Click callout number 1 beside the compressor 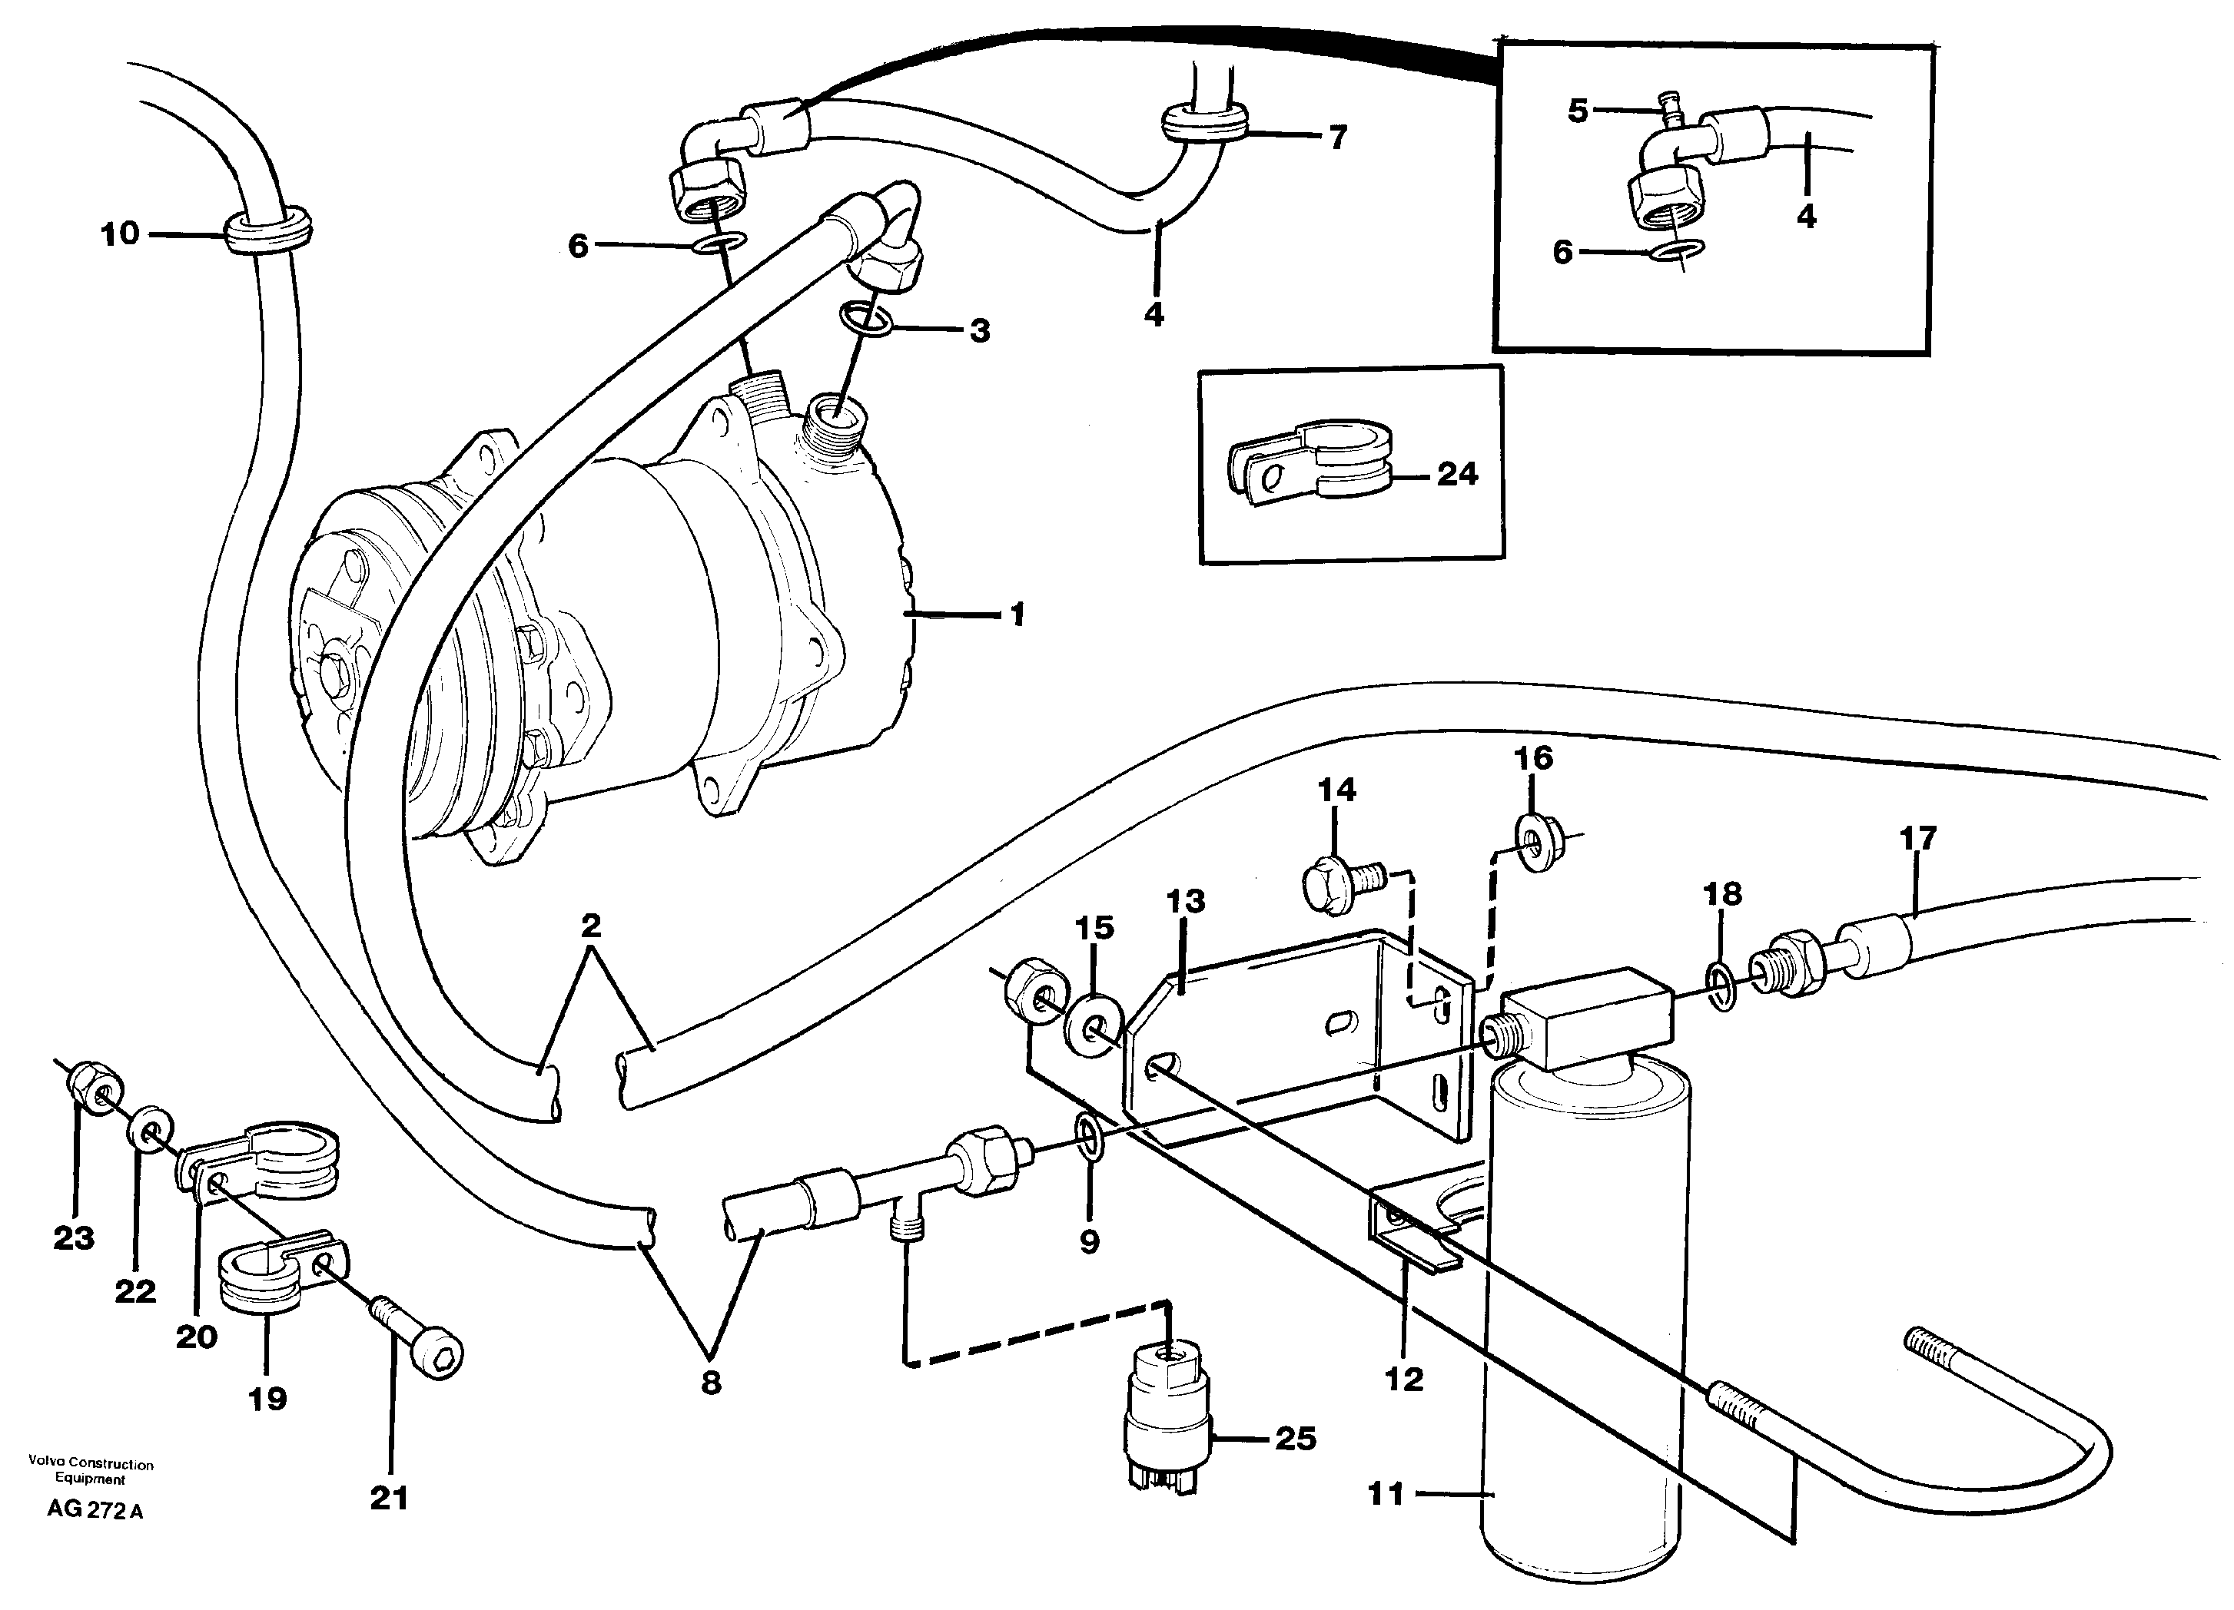(1017, 615)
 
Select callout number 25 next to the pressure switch (1295, 1439)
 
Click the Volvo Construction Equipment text (91, 1471)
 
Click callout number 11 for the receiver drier (1385, 1495)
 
